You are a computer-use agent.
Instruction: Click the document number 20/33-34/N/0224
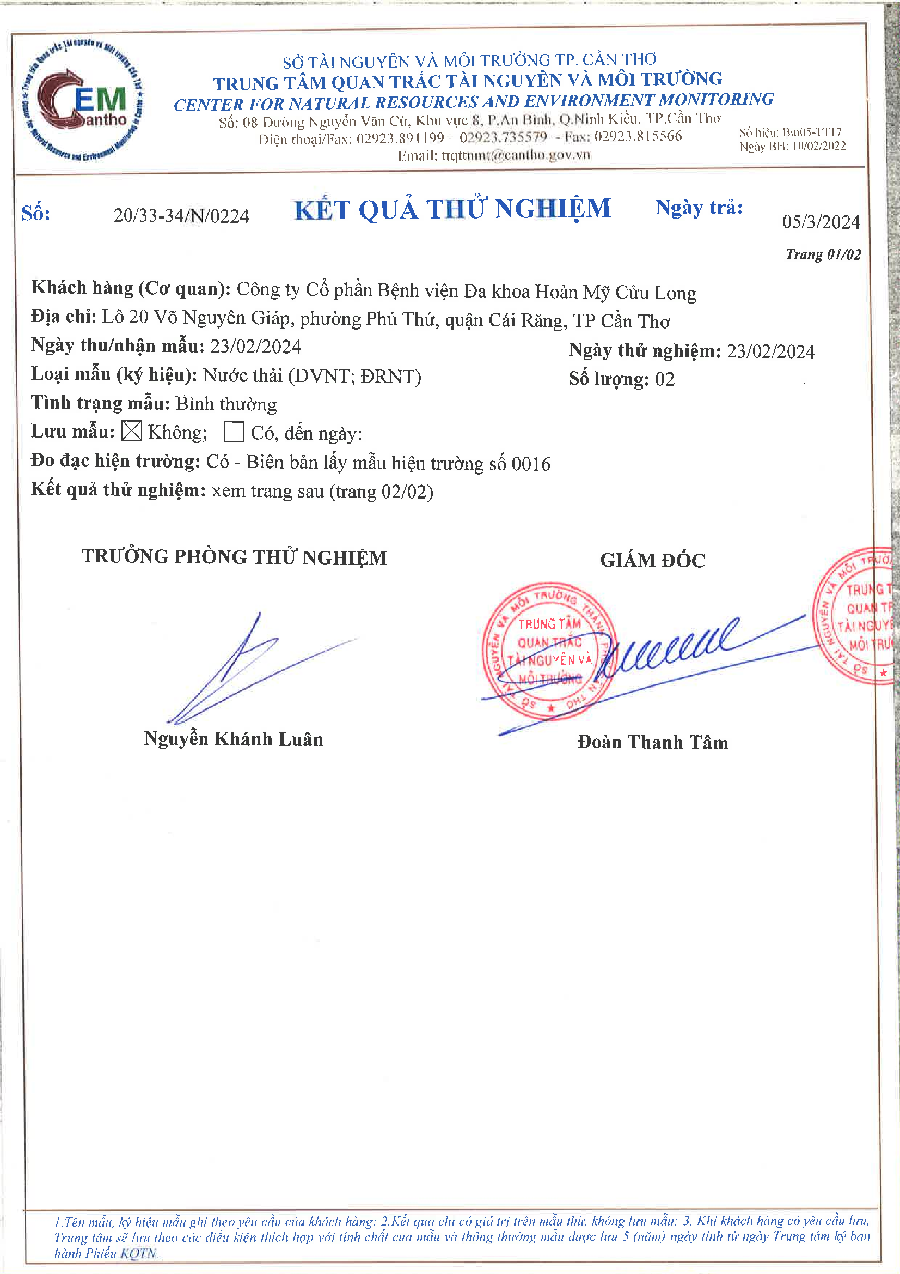(x=181, y=216)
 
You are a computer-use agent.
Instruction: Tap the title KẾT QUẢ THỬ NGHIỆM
(x=452, y=210)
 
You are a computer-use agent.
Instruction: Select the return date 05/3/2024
(x=821, y=222)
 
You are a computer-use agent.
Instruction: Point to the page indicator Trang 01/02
(x=823, y=254)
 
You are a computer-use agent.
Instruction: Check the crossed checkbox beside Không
(x=131, y=430)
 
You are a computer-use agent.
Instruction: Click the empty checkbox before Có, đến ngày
(x=234, y=432)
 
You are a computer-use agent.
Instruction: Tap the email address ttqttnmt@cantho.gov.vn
(x=516, y=155)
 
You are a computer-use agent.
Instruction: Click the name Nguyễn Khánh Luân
(x=234, y=739)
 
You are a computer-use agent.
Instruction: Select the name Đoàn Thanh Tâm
(x=653, y=742)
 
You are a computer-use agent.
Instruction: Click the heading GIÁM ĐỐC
(x=653, y=560)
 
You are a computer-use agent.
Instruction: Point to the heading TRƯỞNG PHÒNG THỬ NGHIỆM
(x=235, y=557)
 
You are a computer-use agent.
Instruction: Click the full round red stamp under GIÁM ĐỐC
(x=549, y=651)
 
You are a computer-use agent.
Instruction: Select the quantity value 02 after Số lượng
(x=665, y=380)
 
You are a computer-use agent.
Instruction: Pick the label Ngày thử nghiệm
(x=645, y=351)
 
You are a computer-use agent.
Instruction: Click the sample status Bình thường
(x=226, y=404)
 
